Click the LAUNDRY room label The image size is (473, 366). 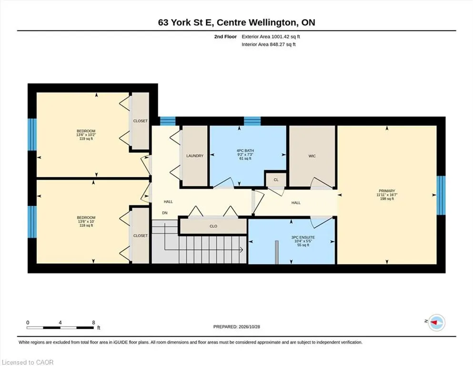(194, 156)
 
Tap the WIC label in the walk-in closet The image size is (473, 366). (312, 156)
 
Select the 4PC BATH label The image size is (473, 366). (245, 151)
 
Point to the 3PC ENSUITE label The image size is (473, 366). (303, 237)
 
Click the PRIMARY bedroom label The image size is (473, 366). (387, 191)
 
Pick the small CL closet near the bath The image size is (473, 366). (276, 180)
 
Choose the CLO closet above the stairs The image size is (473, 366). (213, 226)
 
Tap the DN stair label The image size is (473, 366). (165, 213)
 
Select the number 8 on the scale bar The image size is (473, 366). (93, 323)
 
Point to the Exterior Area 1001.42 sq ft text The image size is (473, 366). (271, 37)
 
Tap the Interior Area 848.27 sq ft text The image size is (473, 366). (269, 44)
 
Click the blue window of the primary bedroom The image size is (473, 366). (441, 195)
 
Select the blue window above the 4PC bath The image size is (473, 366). (252, 121)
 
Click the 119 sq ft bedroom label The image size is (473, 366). (86, 139)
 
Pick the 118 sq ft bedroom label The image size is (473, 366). (86, 225)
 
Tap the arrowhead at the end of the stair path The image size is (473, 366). (242, 250)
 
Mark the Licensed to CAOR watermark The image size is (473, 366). (28, 362)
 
